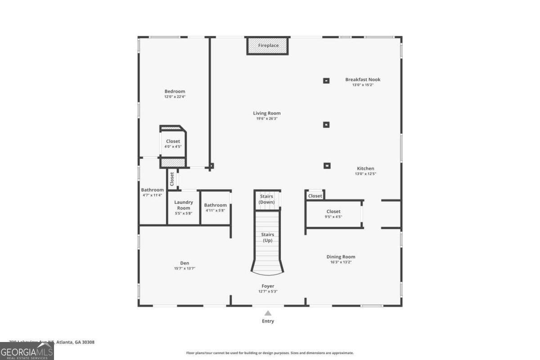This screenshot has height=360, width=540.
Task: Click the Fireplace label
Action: point(268,45)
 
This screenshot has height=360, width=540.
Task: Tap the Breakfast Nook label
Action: point(363,80)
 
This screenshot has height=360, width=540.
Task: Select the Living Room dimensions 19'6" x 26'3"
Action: point(267,119)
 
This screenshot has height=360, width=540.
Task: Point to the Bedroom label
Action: point(175,91)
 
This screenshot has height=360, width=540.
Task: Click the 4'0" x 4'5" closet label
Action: point(173,141)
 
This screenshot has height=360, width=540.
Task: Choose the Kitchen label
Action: point(365,169)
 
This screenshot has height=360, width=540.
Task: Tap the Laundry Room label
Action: point(184,205)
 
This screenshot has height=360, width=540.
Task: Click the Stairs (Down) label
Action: point(266,199)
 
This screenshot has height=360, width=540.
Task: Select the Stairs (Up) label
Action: point(267,238)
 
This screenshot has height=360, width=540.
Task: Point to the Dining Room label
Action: point(341,257)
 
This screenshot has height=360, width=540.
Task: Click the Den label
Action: point(184,263)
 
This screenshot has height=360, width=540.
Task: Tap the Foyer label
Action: point(268,286)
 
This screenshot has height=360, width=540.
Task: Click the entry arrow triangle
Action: point(268,313)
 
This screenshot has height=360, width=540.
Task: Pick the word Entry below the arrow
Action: point(268,321)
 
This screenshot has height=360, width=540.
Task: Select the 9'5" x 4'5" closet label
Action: point(333,211)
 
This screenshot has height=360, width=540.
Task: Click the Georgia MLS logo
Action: point(27,351)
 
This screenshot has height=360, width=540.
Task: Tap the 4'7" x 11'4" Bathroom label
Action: point(152,190)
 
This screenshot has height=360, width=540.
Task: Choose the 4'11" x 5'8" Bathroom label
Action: point(216,205)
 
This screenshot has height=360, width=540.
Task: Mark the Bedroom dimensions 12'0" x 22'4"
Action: point(175,97)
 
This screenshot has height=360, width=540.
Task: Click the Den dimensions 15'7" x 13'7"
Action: point(184,269)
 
